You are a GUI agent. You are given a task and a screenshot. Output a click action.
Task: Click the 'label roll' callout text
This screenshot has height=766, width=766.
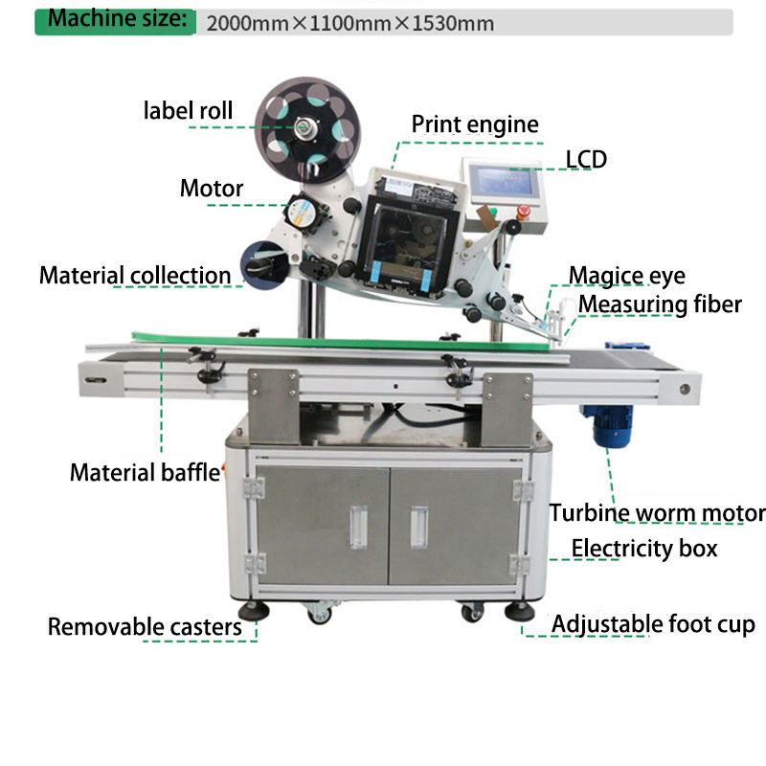point(188,110)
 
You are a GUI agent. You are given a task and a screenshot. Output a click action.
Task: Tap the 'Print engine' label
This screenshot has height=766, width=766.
point(475,124)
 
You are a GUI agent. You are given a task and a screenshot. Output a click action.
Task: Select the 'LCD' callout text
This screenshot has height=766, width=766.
point(586,159)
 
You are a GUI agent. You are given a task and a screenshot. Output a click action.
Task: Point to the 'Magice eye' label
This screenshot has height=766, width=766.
point(626,276)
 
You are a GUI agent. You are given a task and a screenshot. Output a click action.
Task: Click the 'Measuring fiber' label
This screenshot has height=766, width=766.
point(660,304)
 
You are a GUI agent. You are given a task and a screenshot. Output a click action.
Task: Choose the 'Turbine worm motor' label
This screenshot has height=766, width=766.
point(657,513)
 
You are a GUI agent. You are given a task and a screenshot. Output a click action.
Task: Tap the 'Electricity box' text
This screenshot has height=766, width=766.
point(644,549)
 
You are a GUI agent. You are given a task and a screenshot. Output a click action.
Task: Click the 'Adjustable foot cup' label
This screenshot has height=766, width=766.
point(653,625)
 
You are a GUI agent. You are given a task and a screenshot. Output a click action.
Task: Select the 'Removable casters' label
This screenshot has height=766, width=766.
point(145,627)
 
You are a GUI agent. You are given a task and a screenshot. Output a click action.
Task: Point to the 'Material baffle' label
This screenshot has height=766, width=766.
point(145,472)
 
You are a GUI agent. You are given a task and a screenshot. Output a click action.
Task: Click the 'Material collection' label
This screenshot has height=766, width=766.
point(135,276)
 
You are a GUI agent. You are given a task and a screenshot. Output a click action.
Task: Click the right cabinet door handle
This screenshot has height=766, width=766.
point(418,527)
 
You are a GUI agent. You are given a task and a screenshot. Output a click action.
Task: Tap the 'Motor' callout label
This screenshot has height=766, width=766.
point(212,188)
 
